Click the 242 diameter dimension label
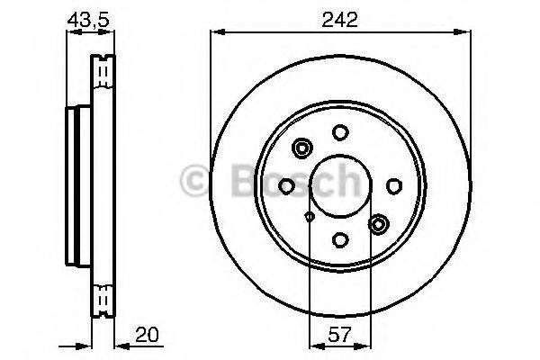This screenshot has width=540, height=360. [x=340, y=17]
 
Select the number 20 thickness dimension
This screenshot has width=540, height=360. [x=149, y=337]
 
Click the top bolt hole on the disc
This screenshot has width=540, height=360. [x=340, y=133]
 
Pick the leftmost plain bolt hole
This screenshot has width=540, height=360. [x=286, y=185]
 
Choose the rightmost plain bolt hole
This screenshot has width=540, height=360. [x=393, y=186]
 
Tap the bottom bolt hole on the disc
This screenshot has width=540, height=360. [x=340, y=239]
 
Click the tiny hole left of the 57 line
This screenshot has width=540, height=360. [x=310, y=216]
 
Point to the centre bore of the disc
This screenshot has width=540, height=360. [x=340, y=186]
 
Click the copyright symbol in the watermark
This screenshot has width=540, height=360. [x=195, y=180]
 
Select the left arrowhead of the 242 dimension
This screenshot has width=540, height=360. [x=217, y=32]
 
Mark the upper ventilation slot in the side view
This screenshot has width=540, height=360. [x=104, y=67]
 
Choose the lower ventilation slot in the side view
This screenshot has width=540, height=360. [x=104, y=297]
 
